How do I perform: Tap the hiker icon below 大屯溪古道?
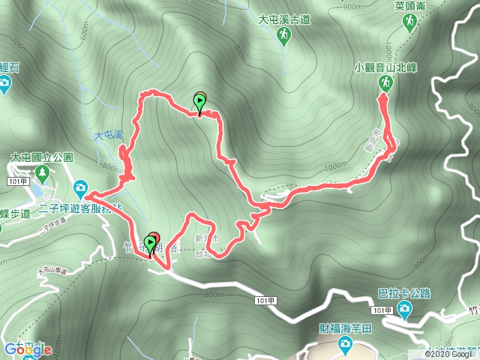[x=283, y=39]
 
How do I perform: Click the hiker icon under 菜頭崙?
[x=409, y=23]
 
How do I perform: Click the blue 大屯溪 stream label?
[x=108, y=136]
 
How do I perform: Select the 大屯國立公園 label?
[x=41, y=158]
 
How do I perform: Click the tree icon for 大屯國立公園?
[x=42, y=175]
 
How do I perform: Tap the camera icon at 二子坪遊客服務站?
[x=80, y=187]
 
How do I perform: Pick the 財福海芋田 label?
[x=345, y=328]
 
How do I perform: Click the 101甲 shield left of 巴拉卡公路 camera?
[x=382, y=310]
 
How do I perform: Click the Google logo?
[x=25, y=349]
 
